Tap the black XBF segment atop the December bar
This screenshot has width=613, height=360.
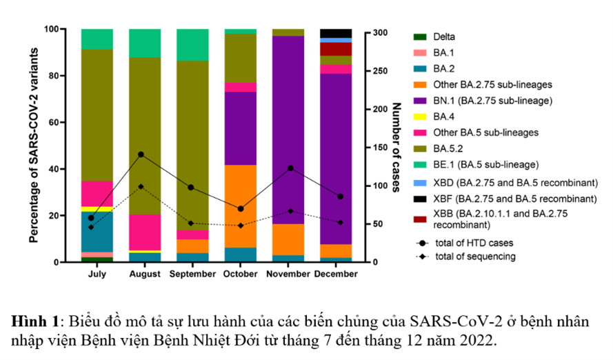(x=336, y=33)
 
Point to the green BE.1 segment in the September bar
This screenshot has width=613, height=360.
(x=192, y=45)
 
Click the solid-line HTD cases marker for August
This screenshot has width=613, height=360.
(x=141, y=154)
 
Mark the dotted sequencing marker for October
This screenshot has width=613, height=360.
(x=240, y=226)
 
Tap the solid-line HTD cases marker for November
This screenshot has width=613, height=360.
(x=290, y=168)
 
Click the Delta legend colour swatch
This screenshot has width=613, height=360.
(x=419, y=37)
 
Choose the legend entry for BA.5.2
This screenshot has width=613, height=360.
(x=450, y=148)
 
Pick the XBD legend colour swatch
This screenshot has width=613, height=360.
(x=419, y=183)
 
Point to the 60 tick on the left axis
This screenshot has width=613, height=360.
(x=53, y=122)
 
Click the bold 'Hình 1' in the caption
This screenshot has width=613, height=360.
(x=34, y=322)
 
